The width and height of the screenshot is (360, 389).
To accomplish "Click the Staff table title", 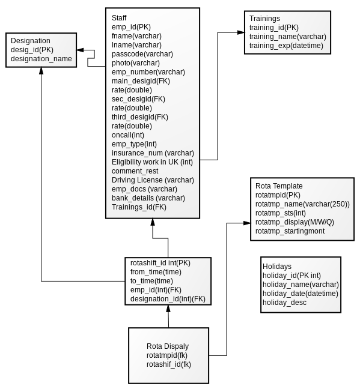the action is (x=119, y=18).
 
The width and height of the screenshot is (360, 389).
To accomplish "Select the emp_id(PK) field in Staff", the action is (x=131, y=27).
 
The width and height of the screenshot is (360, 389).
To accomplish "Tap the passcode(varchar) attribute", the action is (x=142, y=54).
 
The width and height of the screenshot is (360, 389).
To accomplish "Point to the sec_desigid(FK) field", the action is (x=138, y=99).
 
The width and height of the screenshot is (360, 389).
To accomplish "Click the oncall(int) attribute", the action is (x=128, y=135).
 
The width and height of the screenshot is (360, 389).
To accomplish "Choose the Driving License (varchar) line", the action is (x=153, y=180).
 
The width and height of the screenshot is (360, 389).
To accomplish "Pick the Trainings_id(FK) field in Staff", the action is (x=139, y=207).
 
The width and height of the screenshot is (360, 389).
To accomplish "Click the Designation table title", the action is (x=31, y=41).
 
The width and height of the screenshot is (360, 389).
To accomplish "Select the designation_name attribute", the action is (x=41, y=59).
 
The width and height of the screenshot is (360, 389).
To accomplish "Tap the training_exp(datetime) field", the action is (x=286, y=46).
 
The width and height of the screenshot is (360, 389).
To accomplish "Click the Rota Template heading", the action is (x=279, y=186).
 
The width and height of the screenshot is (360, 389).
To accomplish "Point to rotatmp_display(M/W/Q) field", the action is (x=294, y=222).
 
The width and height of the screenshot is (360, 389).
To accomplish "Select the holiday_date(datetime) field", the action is (x=301, y=294).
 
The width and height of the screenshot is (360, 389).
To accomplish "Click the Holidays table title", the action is (x=277, y=267).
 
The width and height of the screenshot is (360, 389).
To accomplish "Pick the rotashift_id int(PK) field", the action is (x=160, y=263).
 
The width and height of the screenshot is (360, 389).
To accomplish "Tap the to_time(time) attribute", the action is (x=151, y=281).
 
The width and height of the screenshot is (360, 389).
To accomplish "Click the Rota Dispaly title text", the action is (x=168, y=346).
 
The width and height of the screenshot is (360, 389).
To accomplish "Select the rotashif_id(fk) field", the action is (x=169, y=364).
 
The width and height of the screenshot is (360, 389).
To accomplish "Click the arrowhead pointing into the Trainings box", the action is (x=241, y=32).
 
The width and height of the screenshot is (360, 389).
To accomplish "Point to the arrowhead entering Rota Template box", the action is (x=247, y=223).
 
